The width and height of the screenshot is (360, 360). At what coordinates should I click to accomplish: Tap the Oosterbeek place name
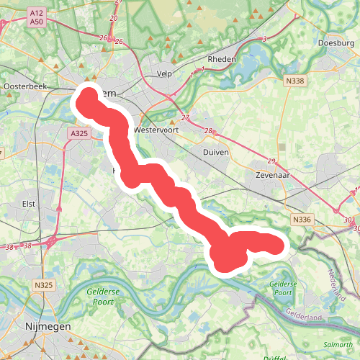point(24,86)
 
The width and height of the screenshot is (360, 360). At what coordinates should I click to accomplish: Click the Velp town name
point(166,73)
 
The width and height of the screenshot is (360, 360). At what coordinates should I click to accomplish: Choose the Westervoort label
point(156,130)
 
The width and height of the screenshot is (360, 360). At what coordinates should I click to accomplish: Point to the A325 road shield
point(79,133)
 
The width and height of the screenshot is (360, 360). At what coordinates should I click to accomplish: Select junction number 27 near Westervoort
point(185,117)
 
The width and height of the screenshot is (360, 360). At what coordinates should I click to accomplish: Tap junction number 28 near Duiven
point(209,131)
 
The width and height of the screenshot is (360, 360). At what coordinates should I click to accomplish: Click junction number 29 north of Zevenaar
point(271,161)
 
